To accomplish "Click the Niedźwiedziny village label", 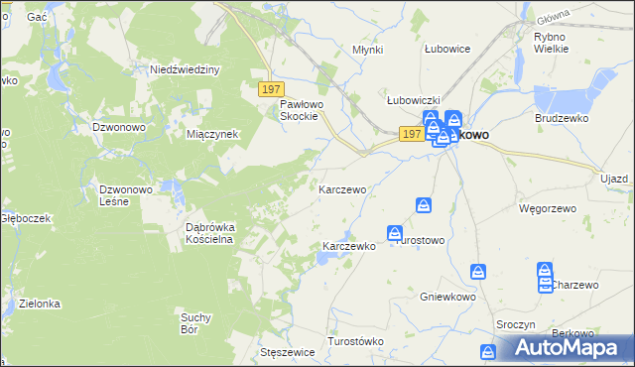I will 184,69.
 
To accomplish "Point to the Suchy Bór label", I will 195,322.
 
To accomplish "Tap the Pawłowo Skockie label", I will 299,109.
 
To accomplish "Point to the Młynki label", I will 368,50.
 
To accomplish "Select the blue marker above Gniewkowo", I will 478,272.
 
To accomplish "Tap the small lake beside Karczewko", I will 324,260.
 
